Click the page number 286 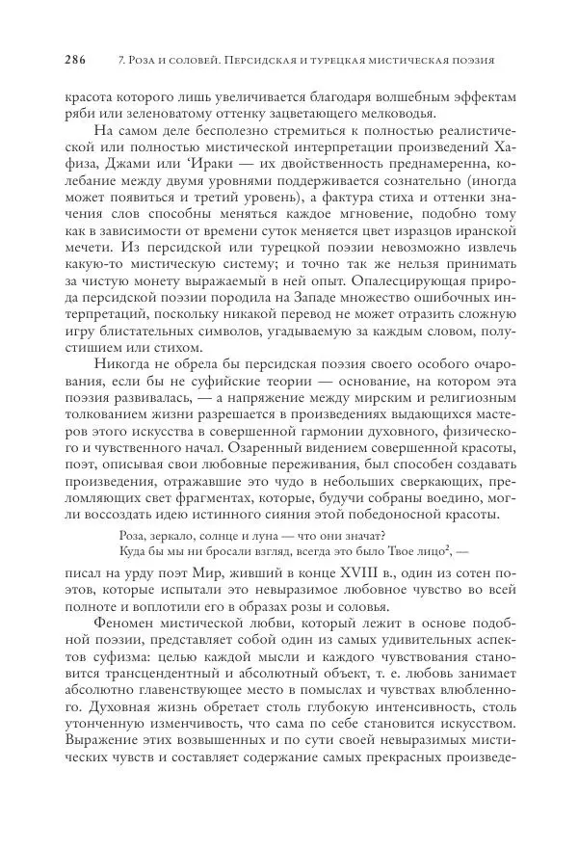(75, 60)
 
